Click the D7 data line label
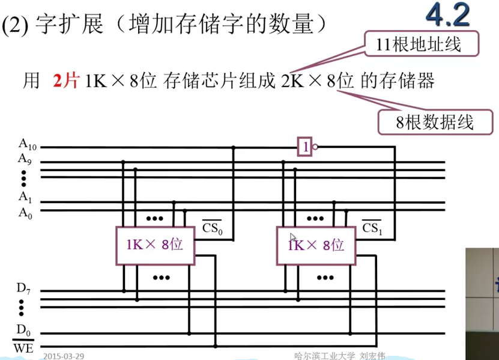point(23,288)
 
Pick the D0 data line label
point(23,329)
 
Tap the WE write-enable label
point(23,347)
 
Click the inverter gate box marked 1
point(305,147)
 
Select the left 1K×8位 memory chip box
point(155,245)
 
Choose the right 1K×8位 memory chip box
point(316,245)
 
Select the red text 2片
point(66,81)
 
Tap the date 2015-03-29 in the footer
point(64,356)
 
